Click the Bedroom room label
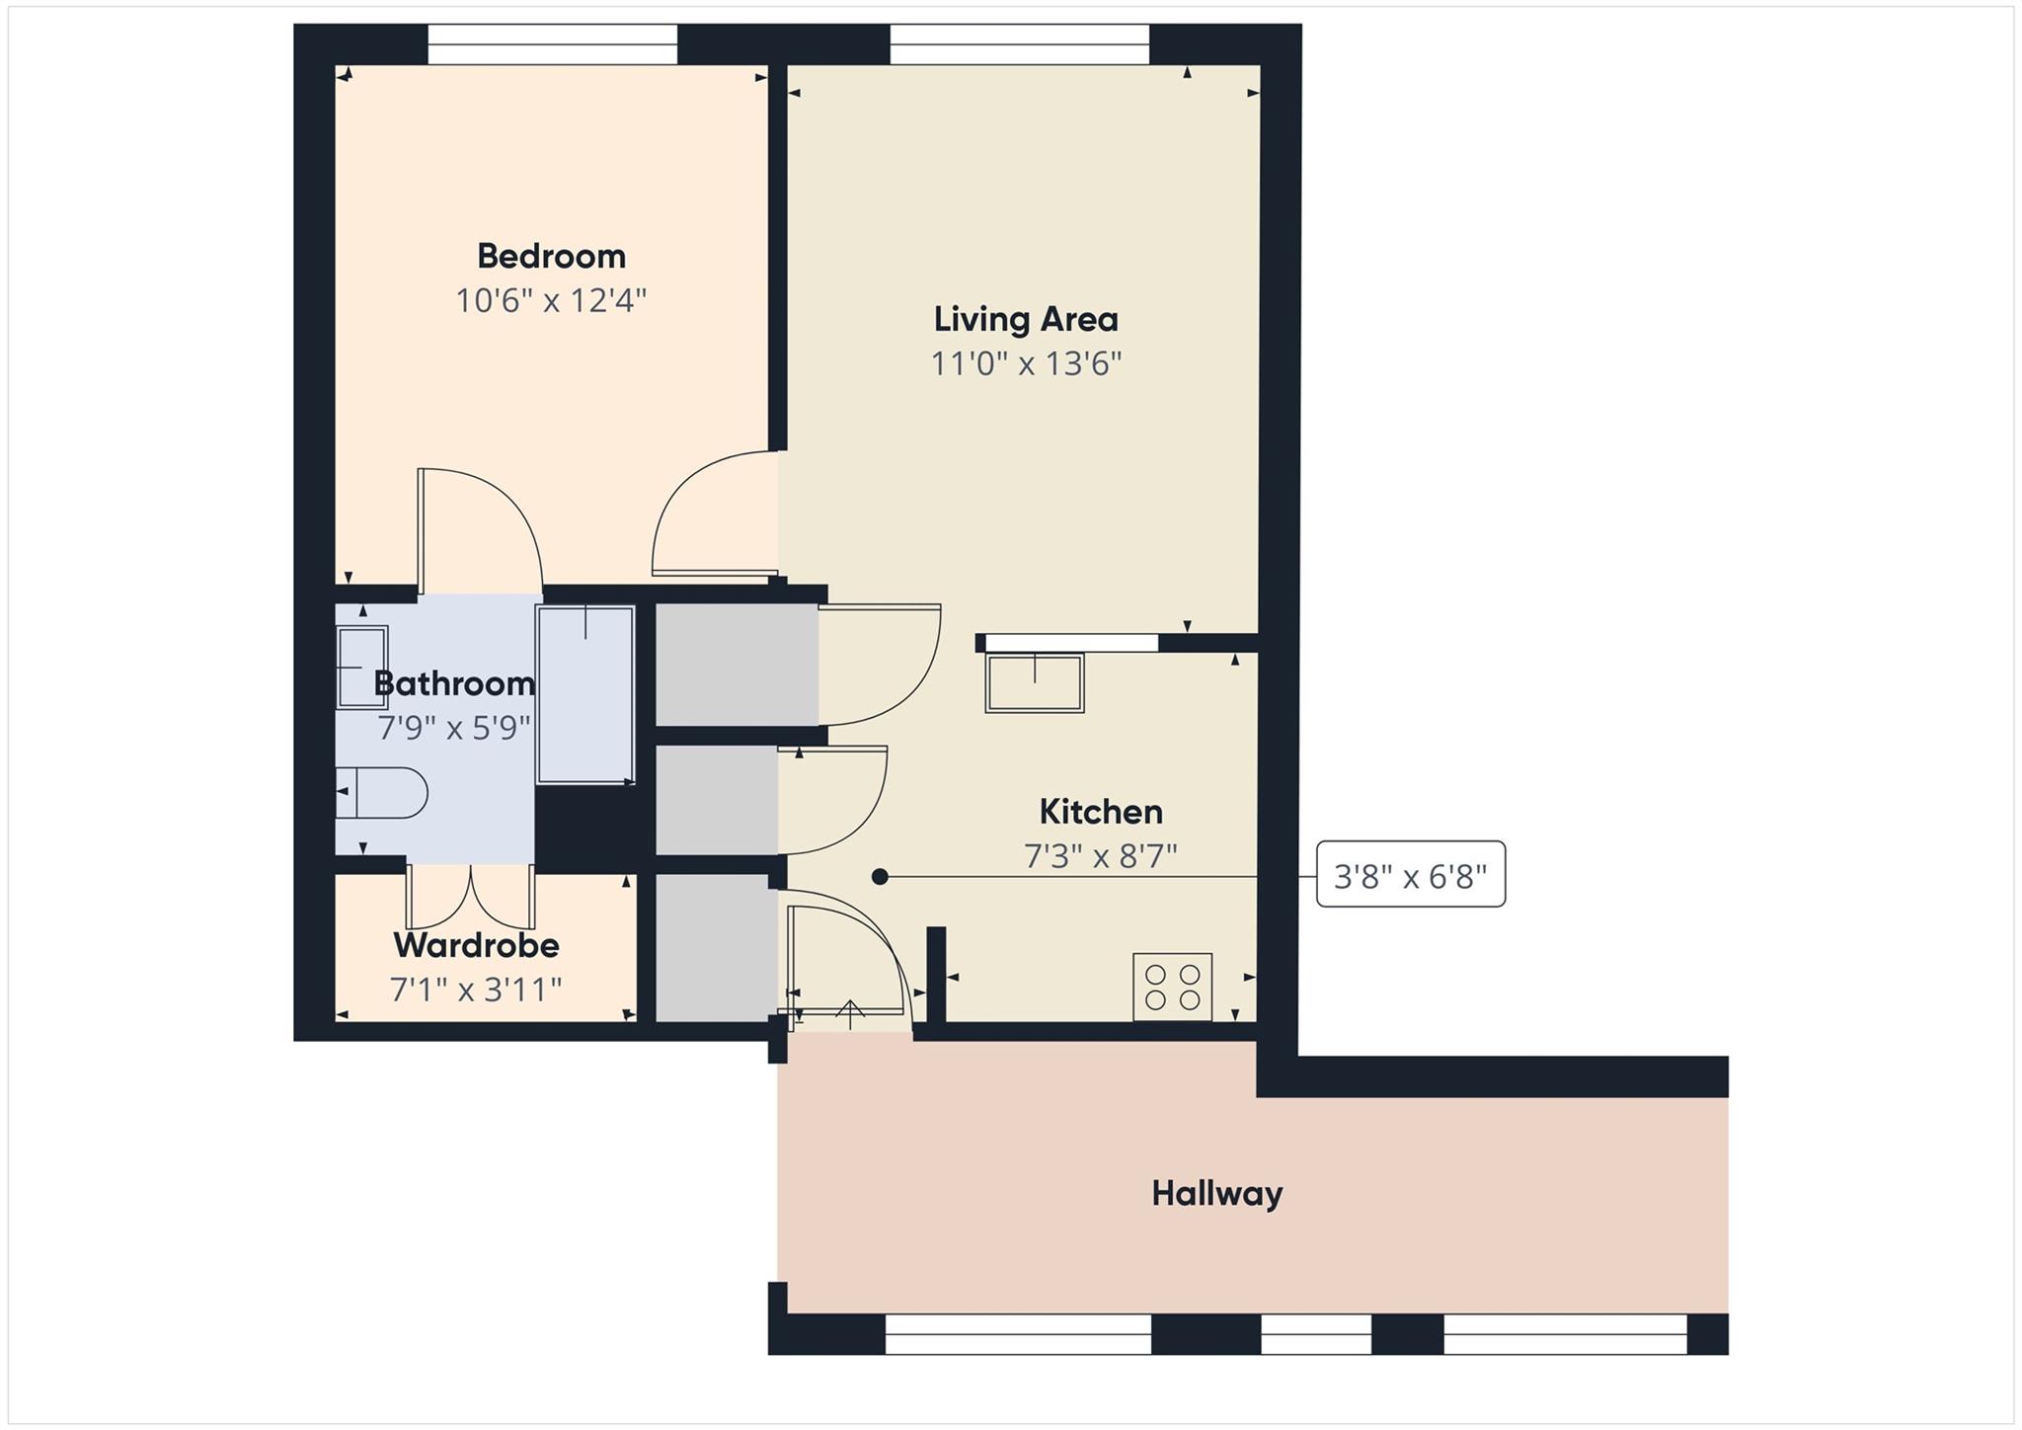click(x=551, y=257)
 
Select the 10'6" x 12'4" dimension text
click(x=551, y=300)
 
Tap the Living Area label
click(x=1026, y=320)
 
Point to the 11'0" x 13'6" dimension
click(x=1026, y=364)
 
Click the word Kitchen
click(x=1101, y=813)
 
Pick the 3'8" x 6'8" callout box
click(x=1410, y=875)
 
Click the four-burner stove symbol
click(x=1172, y=987)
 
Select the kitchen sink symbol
click(x=1034, y=682)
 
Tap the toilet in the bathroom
click(x=380, y=792)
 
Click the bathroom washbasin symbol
click(x=361, y=668)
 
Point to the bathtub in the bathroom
click(x=585, y=695)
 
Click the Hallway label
click(x=1216, y=1194)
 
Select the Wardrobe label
click(x=476, y=946)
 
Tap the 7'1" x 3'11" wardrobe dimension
click(x=476, y=990)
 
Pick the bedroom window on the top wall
click(x=552, y=44)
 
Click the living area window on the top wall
click(x=1020, y=44)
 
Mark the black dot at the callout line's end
click(x=880, y=877)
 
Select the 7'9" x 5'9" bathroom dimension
click(x=454, y=729)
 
